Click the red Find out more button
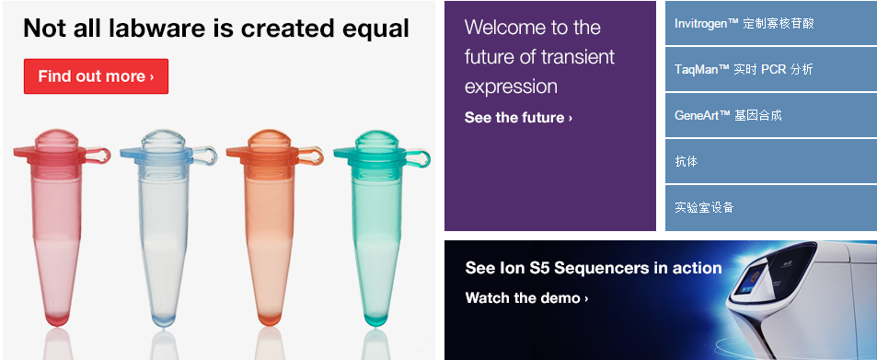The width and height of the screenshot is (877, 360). coord(96,76)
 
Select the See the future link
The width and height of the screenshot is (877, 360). coord(518,118)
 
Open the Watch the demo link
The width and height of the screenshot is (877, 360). coord(526,298)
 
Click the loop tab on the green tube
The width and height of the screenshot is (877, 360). coord(418,157)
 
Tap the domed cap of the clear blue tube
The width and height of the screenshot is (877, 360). coord(163,140)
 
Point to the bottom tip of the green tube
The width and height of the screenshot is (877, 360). coord(375,320)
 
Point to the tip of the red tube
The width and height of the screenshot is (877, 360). coord(56,320)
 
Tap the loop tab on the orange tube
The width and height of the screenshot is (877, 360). coord(310,156)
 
